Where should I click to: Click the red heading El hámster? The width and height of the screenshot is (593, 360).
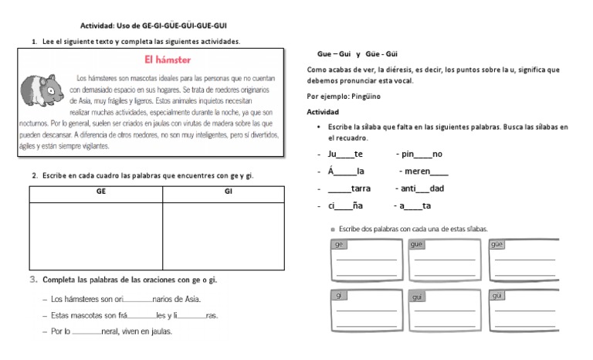click(x=168, y=59)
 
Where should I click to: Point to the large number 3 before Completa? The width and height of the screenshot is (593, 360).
click(x=34, y=280)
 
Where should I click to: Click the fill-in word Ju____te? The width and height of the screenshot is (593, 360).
click(x=345, y=154)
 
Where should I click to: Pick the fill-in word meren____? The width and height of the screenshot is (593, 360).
click(x=424, y=171)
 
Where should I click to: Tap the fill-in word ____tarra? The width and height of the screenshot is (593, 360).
click(x=349, y=188)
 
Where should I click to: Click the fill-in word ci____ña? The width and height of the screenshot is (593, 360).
click(x=344, y=205)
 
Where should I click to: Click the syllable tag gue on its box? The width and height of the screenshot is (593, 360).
click(x=418, y=244)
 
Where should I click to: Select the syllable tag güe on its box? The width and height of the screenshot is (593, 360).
click(x=498, y=244)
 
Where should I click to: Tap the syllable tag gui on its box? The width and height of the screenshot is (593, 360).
click(x=418, y=297)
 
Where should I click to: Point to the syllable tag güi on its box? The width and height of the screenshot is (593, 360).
click(x=498, y=297)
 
